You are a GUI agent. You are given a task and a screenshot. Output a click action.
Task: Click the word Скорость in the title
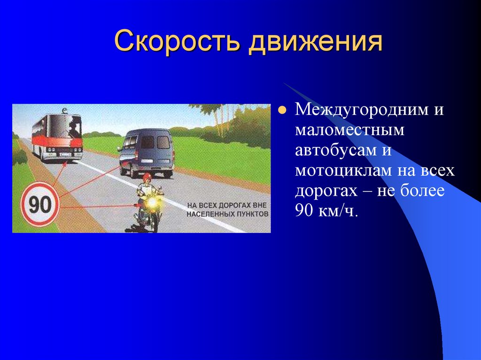coord(177,41)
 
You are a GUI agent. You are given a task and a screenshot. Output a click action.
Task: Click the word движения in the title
coord(316,42)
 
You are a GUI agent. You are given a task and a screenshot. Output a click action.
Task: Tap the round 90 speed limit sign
coord(40,204)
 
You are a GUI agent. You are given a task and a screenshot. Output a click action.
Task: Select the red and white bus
coord(57,137)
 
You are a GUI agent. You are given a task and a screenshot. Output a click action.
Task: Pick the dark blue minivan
coord(146,153)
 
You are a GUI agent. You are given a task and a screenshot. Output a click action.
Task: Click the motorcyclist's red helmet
coord(147,177)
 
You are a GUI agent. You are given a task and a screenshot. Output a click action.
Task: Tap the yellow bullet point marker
coord(282,110)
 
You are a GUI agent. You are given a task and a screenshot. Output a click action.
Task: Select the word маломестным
coord(349,130)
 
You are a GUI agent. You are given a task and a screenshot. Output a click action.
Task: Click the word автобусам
coord(335,150)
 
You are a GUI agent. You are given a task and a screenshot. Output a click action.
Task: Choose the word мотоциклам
coord(343,171)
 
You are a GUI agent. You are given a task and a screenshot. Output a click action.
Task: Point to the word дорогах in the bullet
coord(326,191)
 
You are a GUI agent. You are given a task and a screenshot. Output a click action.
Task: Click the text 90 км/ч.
coord(326,211)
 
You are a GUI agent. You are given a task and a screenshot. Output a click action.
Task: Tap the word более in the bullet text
coord(422,190)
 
